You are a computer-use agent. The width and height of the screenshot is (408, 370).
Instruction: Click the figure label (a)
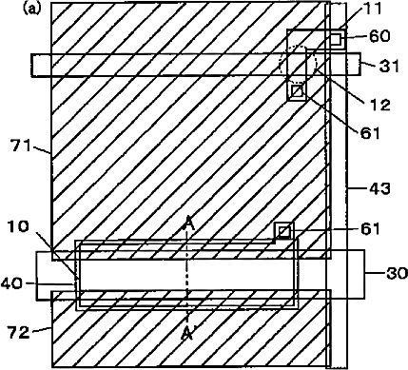[32, 9]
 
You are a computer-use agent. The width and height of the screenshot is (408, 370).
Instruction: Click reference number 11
[373, 10]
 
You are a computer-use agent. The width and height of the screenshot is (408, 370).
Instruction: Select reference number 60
[379, 36]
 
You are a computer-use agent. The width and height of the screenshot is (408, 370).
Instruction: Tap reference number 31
[389, 67]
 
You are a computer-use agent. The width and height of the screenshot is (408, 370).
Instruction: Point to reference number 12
[379, 105]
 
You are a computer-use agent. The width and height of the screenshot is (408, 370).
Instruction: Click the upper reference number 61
[370, 133]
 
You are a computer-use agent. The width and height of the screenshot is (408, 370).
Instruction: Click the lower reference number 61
[370, 228]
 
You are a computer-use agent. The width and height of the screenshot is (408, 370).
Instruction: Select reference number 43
[379, 188]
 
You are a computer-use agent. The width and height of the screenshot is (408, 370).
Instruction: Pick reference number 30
[397, 273]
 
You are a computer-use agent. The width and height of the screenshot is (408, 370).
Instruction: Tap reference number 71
[20, 146]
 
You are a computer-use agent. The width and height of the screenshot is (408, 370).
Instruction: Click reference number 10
[19, 226]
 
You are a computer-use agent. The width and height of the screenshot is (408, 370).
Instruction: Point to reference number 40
[11, 283]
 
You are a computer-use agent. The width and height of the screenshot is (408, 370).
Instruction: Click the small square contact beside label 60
[336, 39]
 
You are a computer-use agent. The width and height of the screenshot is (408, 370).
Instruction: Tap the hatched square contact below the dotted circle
[298, 91]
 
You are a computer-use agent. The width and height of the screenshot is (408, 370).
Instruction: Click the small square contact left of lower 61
[284, 232]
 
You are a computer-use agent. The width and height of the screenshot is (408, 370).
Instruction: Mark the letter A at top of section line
[189, 224]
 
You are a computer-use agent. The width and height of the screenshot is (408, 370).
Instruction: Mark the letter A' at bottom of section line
[187, 333]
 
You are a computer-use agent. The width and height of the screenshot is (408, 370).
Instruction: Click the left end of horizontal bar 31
[31, 65]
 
